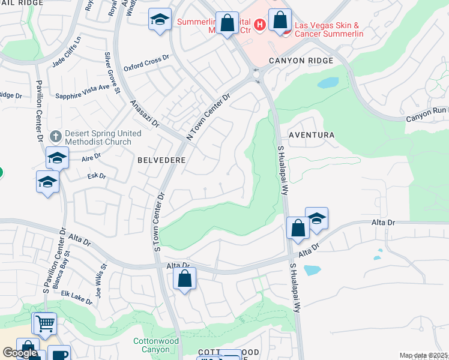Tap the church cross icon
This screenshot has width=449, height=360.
point(56,136)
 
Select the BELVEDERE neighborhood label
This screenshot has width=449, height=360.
point(161,160)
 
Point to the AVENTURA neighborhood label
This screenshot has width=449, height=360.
point(312,135)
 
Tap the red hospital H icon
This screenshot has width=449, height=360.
point(260,25)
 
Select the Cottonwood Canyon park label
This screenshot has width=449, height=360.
point(156,345)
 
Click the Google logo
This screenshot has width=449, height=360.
point(20,353)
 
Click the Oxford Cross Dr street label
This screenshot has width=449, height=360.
point(147,64)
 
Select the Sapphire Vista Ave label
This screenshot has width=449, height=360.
point(82,91)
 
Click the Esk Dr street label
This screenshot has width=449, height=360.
point(97,176)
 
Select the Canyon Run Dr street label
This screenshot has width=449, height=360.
point(427,112)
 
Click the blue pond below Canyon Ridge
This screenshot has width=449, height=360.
point(328,83)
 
